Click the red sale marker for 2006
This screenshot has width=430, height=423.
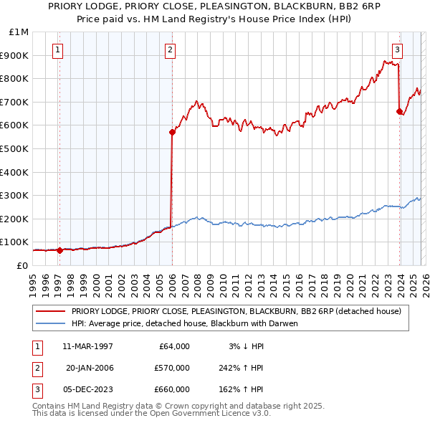[172, 132]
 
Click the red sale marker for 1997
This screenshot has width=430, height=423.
[59, 250]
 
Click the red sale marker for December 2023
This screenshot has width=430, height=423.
[399, 111]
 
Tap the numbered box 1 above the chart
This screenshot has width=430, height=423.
[57, 49]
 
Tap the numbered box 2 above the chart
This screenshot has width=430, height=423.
[170, 49]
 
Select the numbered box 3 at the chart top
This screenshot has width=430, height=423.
[397, 49]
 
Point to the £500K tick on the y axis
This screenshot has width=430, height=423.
[14, 148]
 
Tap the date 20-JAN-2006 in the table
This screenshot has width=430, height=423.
[89, 368]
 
